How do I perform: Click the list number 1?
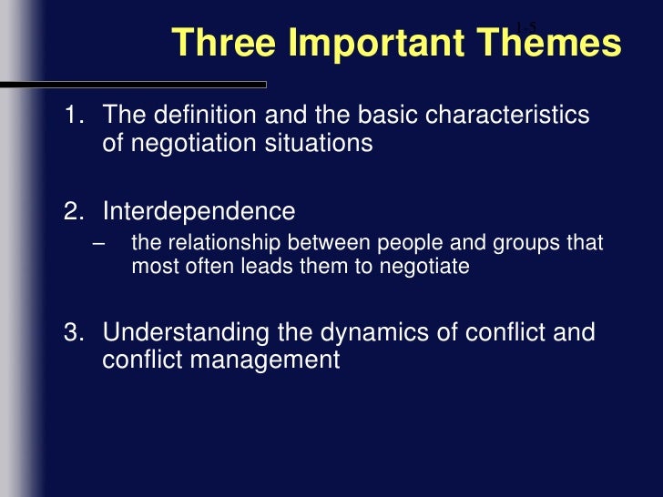[73, 117]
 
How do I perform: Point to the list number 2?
[73, 212]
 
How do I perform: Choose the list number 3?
[73, 332]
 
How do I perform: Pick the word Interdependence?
[199, 212]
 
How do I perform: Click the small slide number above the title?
[526, 25]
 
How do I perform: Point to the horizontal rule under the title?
[137, 85]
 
